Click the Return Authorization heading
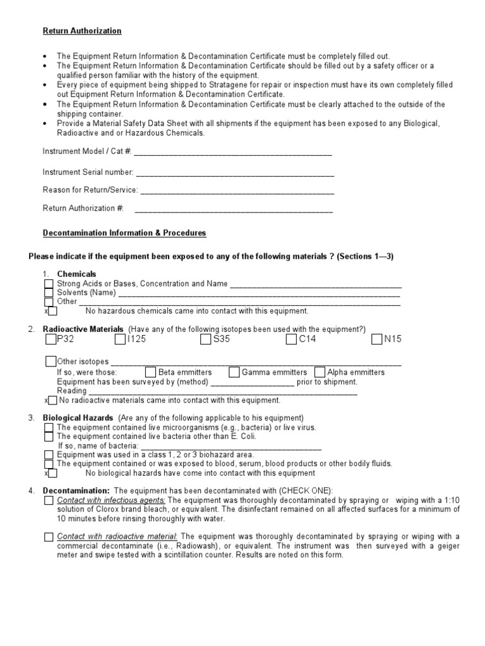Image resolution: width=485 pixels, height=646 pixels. click(x=82, y=31)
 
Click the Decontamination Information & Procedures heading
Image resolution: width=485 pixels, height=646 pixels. click(x=124, y=233)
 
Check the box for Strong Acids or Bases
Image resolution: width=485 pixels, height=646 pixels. click(x=49, y=284)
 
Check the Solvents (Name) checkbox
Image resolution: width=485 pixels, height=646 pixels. click(x=49, y=293)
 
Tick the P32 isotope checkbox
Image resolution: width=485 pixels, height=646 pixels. click(x=51, y=340)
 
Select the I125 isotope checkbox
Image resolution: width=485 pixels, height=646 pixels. click(x=121, y=340)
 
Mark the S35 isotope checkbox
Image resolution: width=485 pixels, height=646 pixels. click(x=206, y=340)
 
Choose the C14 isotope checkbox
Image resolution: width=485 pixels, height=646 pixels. click(x=291, y=340)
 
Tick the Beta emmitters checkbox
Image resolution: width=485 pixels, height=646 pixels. click(x=150, y=372)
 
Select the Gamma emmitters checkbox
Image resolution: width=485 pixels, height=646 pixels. click(x=234, y=372)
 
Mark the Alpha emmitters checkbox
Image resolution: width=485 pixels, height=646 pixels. click(x=320, y=372)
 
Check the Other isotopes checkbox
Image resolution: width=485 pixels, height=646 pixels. click(x=51, y=361)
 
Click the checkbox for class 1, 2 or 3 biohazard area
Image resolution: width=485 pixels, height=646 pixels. click(x=49, y=454)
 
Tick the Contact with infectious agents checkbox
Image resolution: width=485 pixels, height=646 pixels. click(x=49, y=500)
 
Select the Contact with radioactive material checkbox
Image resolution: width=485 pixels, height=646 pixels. click(x=49, y=537)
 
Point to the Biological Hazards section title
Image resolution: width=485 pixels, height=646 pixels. click(x=78, y=418)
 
